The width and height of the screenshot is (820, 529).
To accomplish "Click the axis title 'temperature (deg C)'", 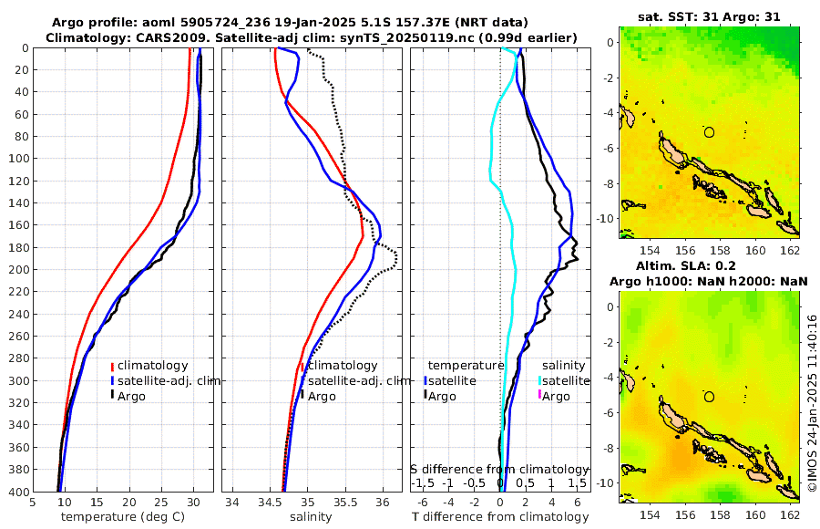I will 123,517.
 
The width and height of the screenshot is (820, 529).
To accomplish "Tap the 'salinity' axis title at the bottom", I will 310,517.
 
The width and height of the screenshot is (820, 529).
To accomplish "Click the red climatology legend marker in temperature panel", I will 112,366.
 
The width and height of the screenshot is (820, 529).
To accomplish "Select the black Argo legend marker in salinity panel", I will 302,396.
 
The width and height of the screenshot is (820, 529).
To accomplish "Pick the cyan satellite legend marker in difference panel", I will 539,380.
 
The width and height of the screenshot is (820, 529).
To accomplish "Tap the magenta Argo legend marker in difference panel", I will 539,396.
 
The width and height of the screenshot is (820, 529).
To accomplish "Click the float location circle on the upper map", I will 709,132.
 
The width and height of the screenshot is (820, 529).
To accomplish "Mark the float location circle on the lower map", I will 709,397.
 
